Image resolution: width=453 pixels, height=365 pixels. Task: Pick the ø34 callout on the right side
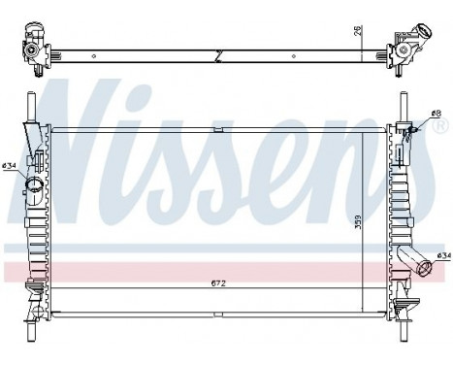tap(443, 255)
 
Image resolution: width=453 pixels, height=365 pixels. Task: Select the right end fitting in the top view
tap(404, 49)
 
